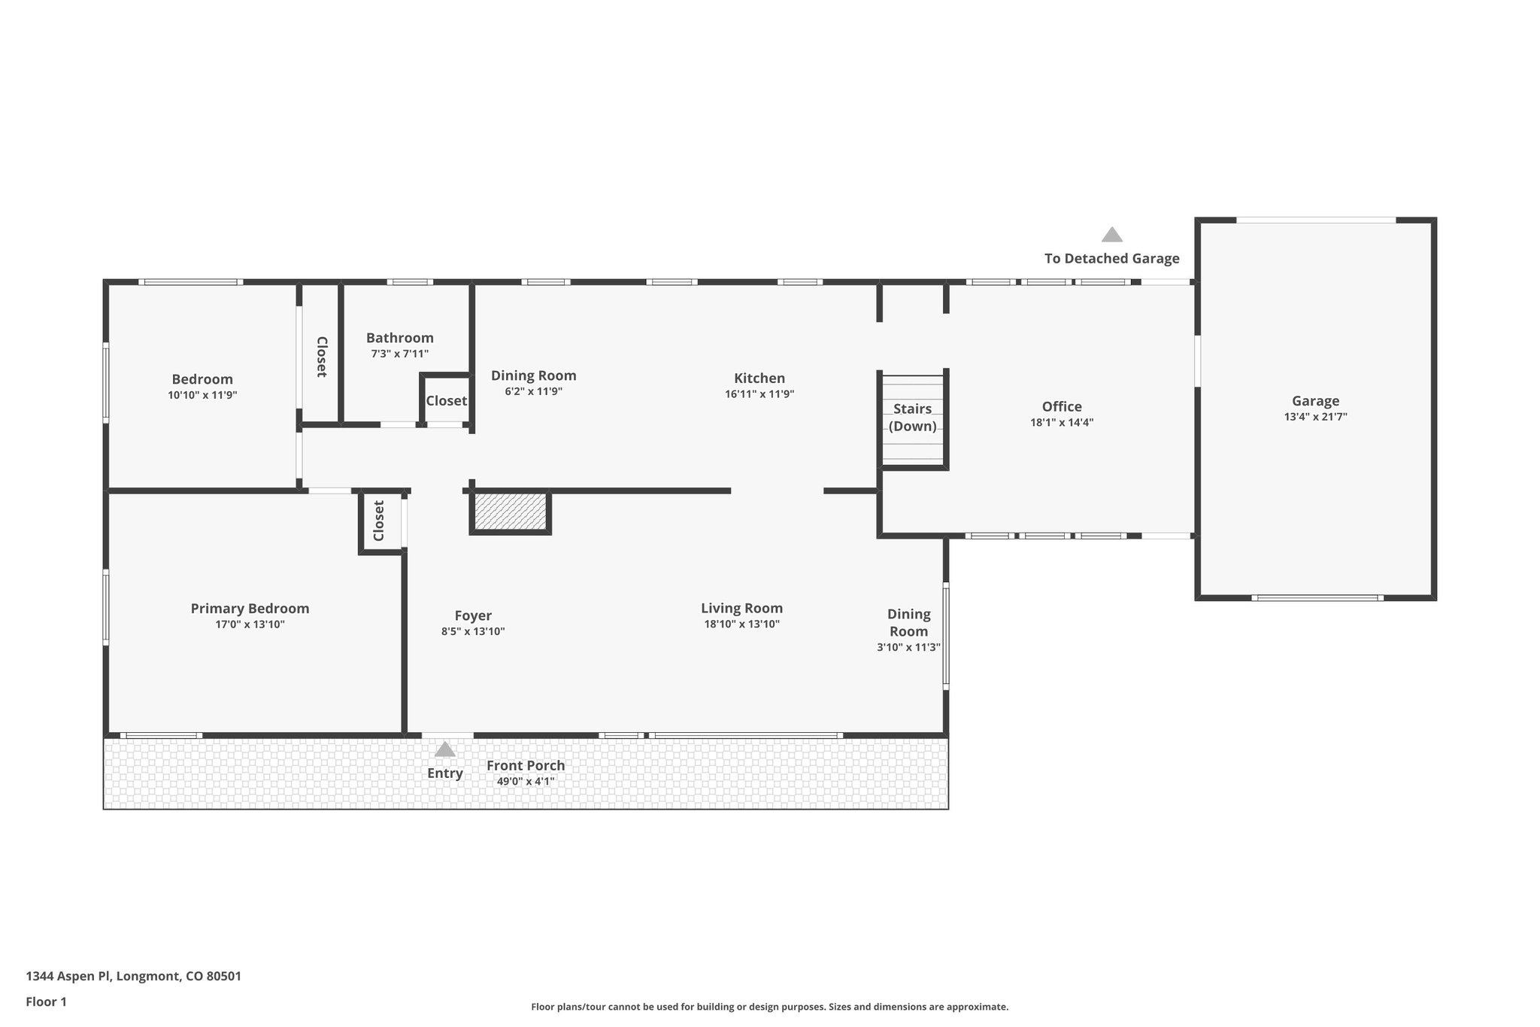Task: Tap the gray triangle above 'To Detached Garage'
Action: tap(1111, 235)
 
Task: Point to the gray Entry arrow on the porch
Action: tap(444, 749)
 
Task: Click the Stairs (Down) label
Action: tap(912, 418)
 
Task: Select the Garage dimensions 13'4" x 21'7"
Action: tap(1315, 417)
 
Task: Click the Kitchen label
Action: tap(759, 378)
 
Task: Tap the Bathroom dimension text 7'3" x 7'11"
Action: tap(399, 354)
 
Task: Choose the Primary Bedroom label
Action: tap(250, 609)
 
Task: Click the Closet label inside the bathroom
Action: tap(446, 401)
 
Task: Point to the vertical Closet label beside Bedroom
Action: tap(321, 357)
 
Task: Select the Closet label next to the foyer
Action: tap(379, 521)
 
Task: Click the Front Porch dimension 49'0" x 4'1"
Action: tap(525, 782)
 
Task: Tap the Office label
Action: tap(1061, 407)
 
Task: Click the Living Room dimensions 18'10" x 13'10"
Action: tap(741, 624)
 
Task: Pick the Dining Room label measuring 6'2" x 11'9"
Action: tap(533, 376)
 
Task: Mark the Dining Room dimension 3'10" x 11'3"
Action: tap(908, 648)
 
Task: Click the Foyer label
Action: tap(473, 616)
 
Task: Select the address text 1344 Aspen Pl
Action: tap(133, 977)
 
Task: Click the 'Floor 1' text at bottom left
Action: tap(46, 1002)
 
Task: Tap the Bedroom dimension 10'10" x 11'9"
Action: tap(202, 395)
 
